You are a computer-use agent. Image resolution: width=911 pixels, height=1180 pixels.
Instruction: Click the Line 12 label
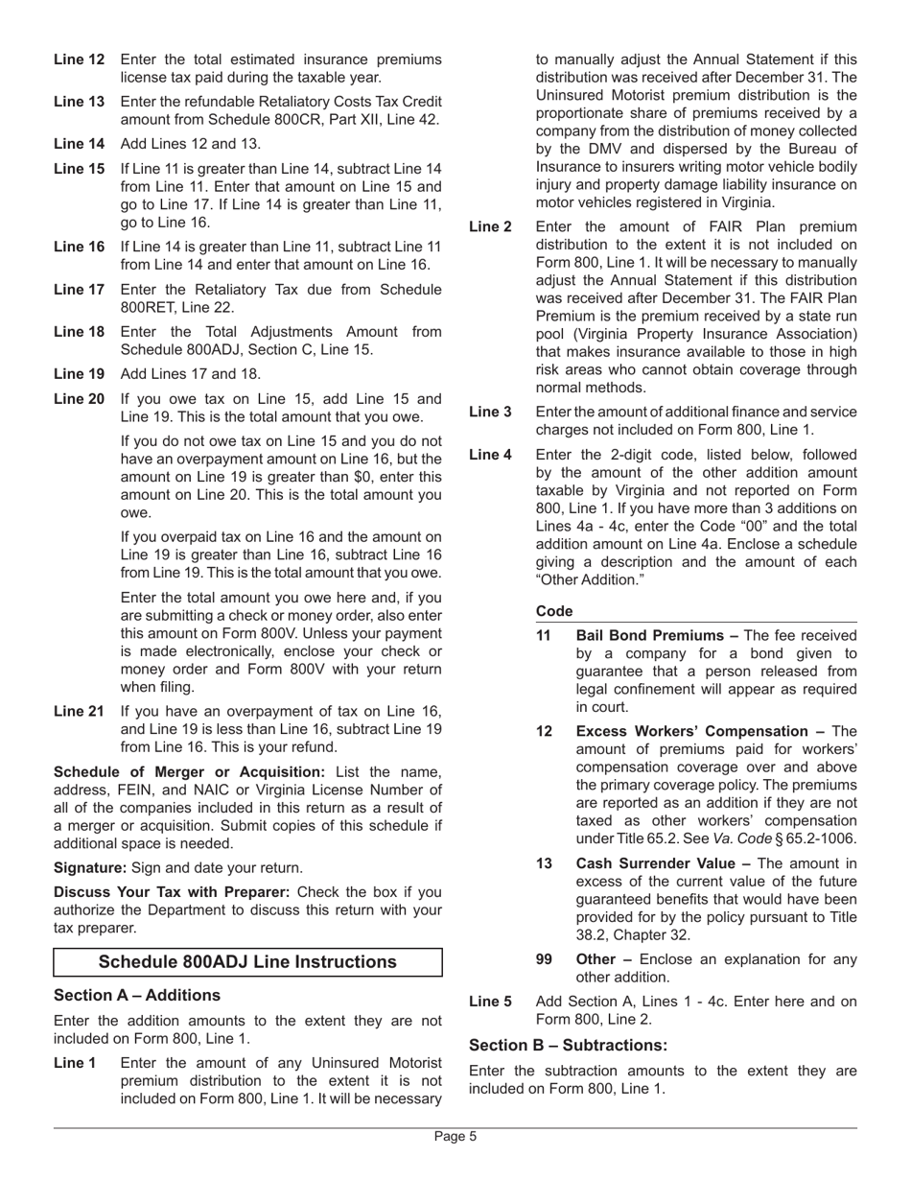pyautogui.click(x=79, y=59)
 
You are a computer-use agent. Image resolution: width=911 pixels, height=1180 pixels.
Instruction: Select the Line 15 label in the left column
pyautogui.click(x=79, y=169)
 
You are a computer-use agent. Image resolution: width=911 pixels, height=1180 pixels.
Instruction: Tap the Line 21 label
pyautogui.click(x=79, y=711)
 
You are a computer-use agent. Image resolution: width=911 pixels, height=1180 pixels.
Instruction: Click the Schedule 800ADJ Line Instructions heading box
pyautogui.click(x=247, y=962)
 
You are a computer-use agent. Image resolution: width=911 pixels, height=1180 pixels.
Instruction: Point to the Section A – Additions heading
pyautogui.click(x=137, y=995)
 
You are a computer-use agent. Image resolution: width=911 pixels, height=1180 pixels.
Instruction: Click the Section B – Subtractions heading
pyautogui.click(x=568, y=1045)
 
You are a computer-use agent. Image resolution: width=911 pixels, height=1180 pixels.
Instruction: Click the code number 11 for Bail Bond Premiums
pyautogui.click(x=544, y=635)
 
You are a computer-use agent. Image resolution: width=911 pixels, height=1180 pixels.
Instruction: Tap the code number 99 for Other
pyautogui.click(x=544, y=959)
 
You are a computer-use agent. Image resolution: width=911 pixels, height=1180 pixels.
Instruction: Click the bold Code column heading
pyautogui.click(x=554, y=611)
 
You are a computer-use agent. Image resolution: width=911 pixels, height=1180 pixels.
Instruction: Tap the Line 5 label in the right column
pyautogui.click(x=490, y=1002)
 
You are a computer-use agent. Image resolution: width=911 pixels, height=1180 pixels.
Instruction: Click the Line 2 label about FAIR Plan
pyautogui.click(x=490, y=226)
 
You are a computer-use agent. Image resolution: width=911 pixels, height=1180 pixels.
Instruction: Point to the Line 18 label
pyautogui.click(x=79, y=332)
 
